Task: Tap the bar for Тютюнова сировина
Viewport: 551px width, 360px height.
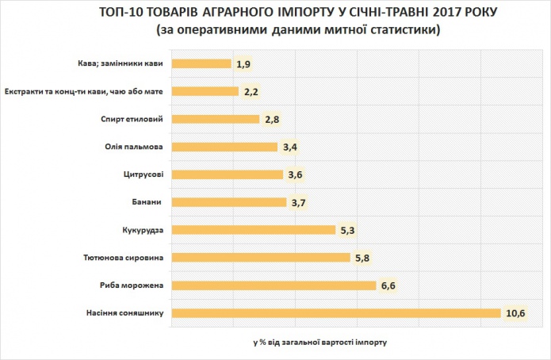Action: coord(261,257)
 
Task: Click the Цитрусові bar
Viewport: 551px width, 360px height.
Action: coord(228,174)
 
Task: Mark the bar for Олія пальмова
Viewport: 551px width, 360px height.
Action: coord(224,147)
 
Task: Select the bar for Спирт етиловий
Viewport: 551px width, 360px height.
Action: coord(216,119)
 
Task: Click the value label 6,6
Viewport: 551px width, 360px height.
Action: coord(388,285)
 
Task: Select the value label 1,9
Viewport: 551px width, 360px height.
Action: coord(243,64)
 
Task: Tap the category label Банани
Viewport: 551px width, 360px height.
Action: coord(149,202)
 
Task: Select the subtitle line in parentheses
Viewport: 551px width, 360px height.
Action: coord(293,30)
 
